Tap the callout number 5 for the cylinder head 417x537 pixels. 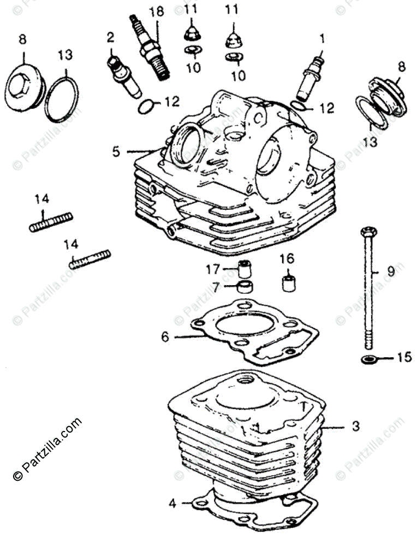116,151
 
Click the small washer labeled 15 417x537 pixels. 369,359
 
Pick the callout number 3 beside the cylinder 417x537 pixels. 355,426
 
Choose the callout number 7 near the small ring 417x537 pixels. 216,286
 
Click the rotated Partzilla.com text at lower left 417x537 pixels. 47,449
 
